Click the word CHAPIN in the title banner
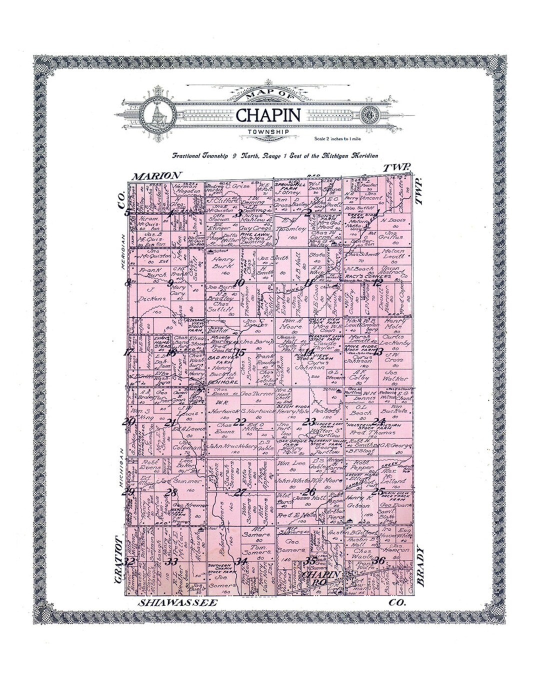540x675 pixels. pyautogui.click(x=268, y=115)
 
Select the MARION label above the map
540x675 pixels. pyautogui.click(x=157, y=175)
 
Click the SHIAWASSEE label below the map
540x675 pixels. pyautogui.click(x=178, y=602)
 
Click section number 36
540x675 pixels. pyautogui.click(x=379, y=560)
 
